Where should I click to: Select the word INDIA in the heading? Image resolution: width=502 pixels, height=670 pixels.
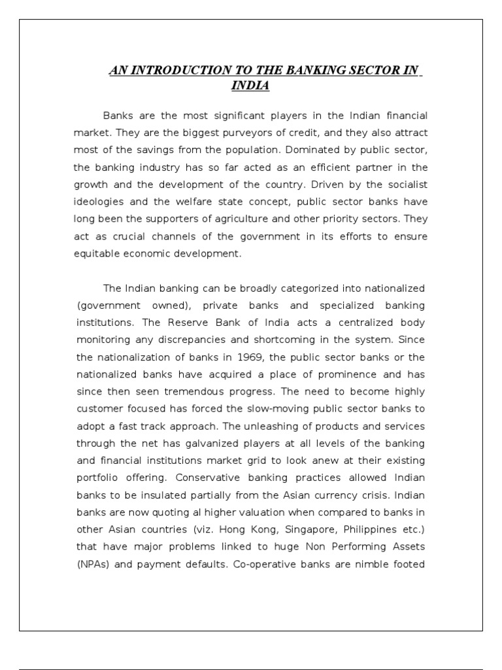(250, 86)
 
